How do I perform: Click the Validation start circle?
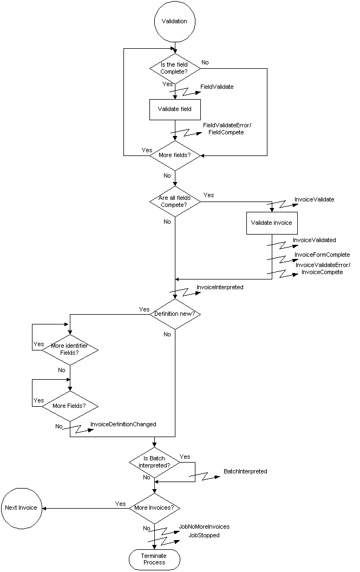[174, 22]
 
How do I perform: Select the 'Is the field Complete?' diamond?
[174, 69]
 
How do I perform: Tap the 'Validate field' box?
[174, 109]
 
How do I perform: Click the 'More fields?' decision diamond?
[174, 155]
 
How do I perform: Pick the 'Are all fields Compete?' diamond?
[174, 201]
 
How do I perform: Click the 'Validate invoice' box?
[271, 223]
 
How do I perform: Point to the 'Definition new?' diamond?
[174, 314]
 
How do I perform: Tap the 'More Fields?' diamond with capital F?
[70, 405]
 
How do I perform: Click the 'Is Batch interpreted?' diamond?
[155, 462]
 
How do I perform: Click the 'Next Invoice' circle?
[21, 508]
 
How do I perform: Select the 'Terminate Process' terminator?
[154, 559]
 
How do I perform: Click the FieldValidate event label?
[217, 87]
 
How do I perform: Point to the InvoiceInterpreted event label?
[220, 287]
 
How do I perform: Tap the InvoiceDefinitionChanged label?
[123, 424]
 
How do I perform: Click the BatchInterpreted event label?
[245, 471]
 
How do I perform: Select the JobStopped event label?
[204, 535]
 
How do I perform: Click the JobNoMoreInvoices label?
[205, 526]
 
